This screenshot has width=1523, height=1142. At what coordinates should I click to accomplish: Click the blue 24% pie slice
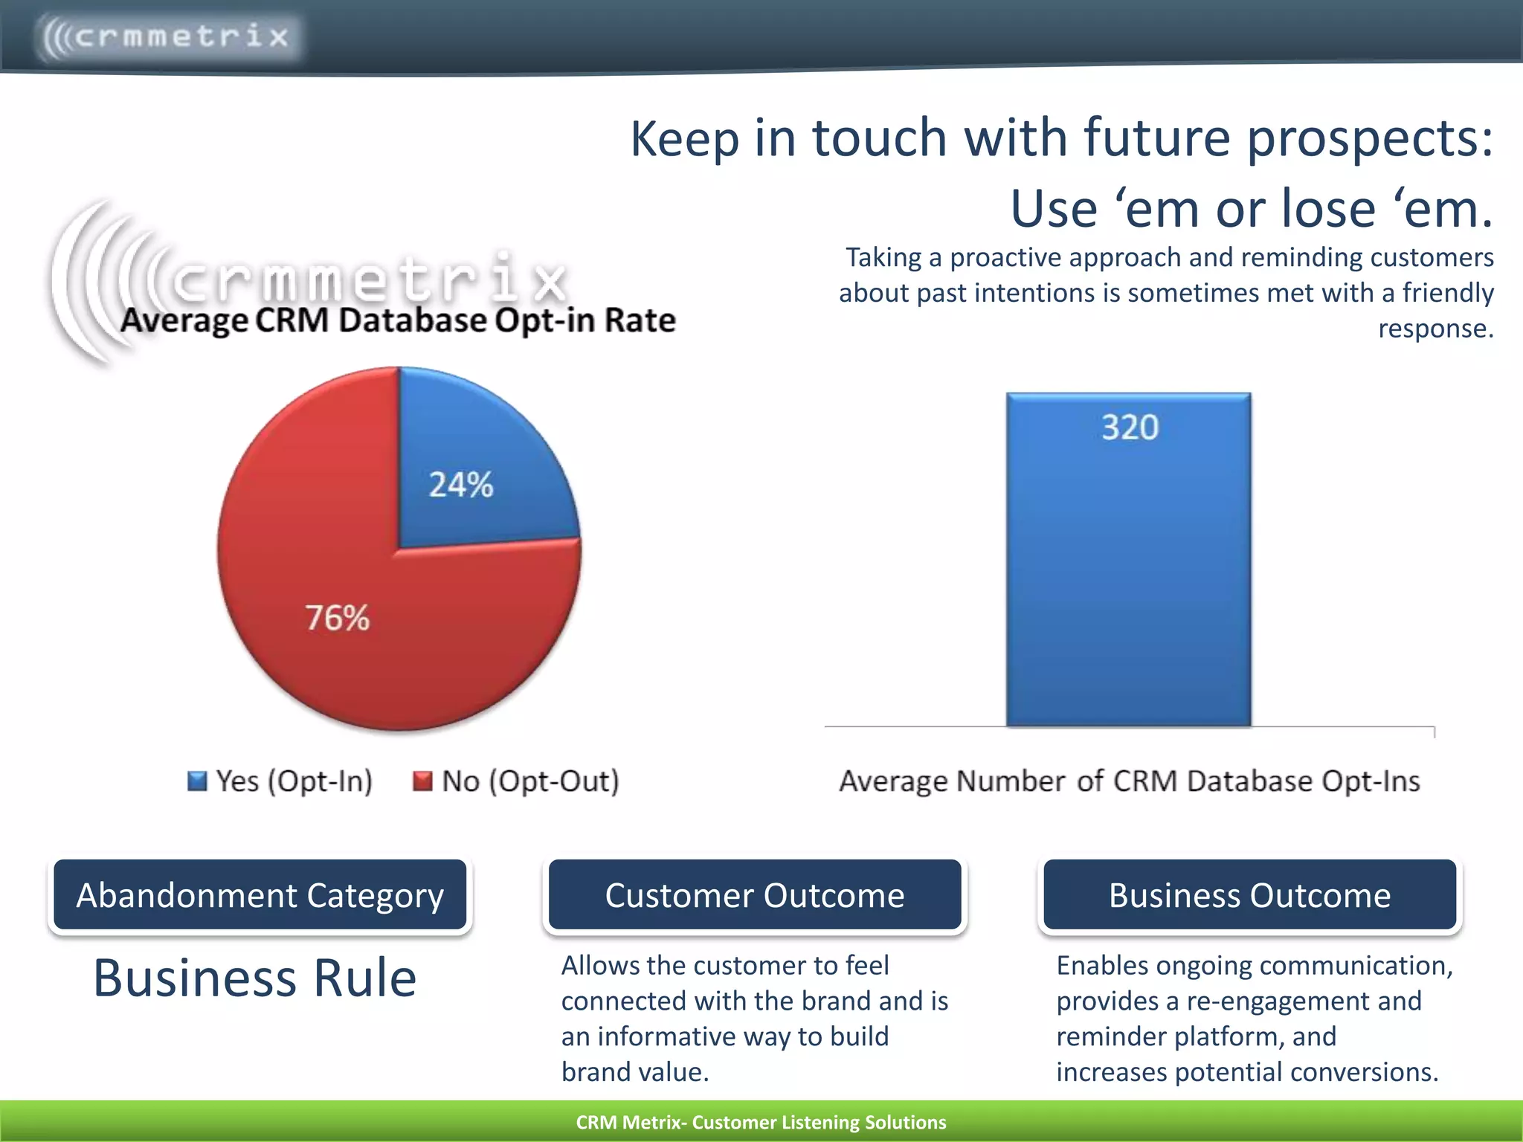[476, 468]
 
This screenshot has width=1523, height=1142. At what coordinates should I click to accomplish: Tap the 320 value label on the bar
[1130, 428]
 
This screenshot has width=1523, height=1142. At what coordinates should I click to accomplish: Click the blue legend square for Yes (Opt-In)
[197, 781]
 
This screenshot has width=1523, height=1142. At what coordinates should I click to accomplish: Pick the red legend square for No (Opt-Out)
[422, 781]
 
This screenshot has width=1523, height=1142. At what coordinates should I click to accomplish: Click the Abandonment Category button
[260, 895]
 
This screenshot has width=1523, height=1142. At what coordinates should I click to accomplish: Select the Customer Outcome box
[755, 895]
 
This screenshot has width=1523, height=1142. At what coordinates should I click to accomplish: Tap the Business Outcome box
[1249, 895]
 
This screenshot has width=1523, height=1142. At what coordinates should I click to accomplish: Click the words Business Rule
[254, 978]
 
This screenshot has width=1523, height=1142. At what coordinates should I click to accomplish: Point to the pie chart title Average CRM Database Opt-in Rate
[398, 320]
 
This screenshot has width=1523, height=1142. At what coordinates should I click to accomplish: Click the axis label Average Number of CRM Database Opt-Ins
[1130, 781]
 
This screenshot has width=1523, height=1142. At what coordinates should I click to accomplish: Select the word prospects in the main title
[1368, 139]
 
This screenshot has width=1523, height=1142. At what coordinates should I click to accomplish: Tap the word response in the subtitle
[1435, 329]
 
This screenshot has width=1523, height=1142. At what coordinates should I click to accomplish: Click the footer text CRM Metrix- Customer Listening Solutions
[761, 1122]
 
